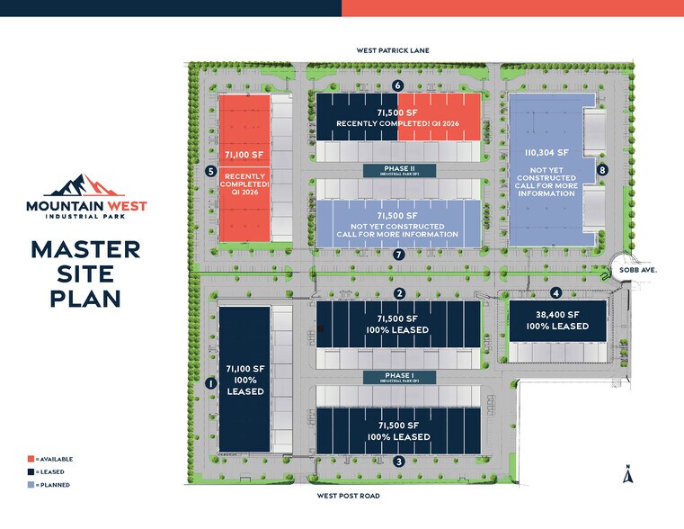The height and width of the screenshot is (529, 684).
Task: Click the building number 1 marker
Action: [210, 382]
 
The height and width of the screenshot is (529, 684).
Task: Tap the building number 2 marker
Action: [399, 293]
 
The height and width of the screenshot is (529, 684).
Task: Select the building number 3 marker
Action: [399, 462]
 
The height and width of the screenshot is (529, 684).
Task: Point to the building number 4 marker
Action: [556, 292]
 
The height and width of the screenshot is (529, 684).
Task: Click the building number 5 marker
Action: [210, 171]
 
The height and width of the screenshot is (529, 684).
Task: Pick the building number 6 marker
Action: [397, 85]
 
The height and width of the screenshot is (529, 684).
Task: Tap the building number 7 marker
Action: [399, 255]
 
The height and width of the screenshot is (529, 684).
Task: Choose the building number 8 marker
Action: [603, 169]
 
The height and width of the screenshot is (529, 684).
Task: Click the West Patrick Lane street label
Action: [393, 51]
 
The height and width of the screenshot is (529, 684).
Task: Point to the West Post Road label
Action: [349, 496]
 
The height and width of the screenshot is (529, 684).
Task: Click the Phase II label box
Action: [399, 170]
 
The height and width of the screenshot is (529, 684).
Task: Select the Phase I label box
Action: [399, 378]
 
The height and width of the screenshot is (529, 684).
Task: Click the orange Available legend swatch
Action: [31, 459]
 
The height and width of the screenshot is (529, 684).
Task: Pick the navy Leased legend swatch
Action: [31, 471]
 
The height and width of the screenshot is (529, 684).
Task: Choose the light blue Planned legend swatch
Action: [31, 485]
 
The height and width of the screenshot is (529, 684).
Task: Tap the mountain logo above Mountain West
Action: [85, 186]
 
